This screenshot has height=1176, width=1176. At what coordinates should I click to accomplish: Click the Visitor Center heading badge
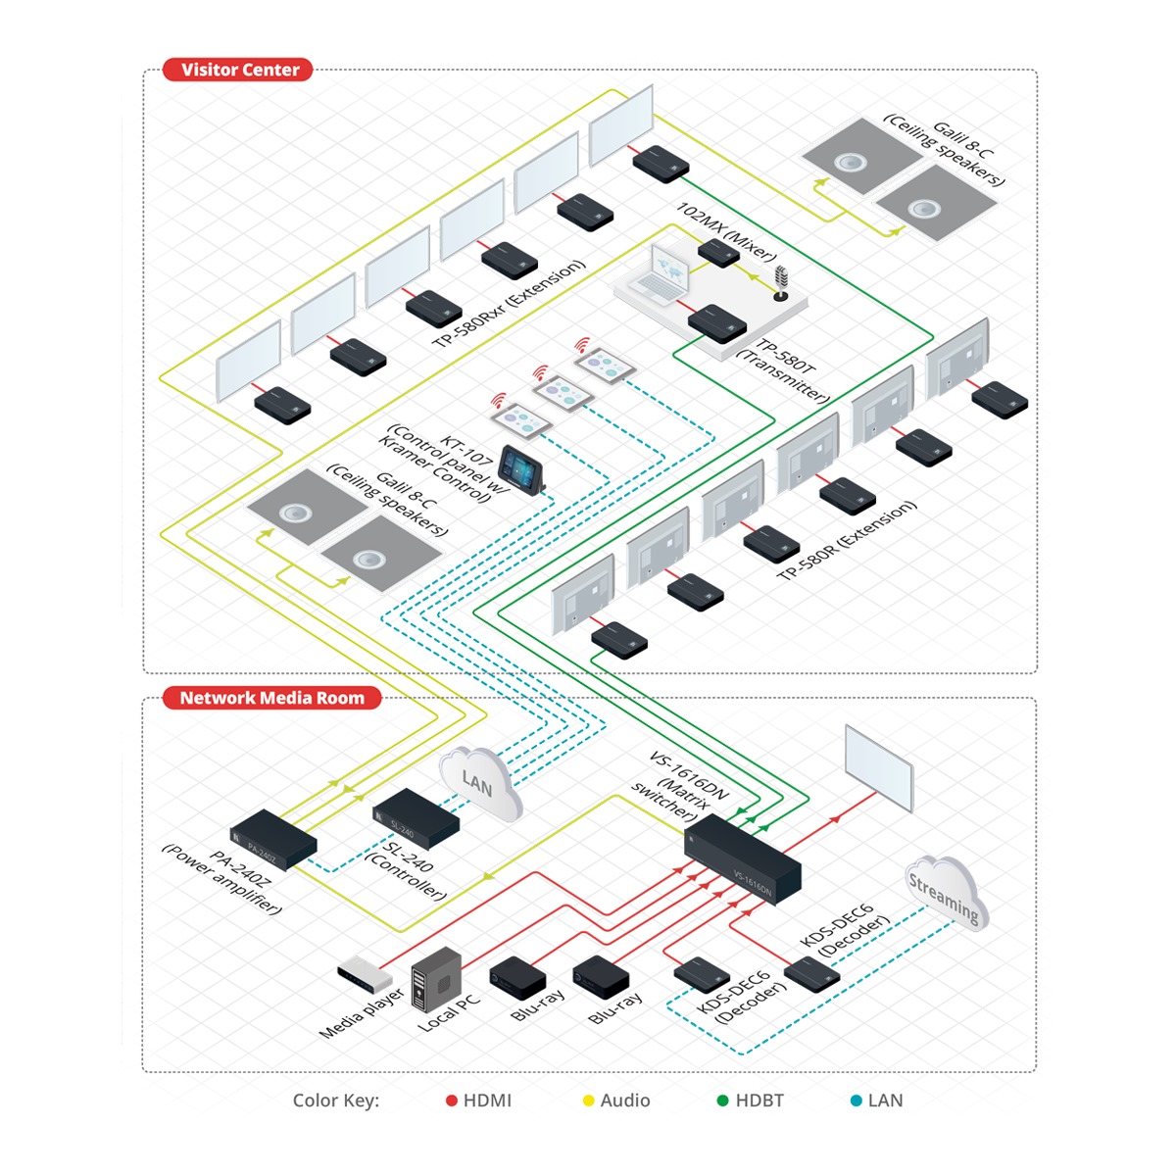[239, 70]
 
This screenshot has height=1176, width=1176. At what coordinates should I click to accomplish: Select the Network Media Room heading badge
[271, 698]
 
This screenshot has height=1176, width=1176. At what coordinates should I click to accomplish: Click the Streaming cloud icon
[944, 893]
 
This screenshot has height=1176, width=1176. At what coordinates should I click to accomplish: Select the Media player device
[364, 976]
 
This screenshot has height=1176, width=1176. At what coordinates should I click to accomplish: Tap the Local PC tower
[436, 977]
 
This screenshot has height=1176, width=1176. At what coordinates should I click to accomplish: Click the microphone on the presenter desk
[781, 282]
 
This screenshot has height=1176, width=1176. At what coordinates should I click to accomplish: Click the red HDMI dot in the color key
[452, 1101]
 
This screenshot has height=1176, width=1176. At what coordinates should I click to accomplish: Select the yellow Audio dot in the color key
[589, 1101]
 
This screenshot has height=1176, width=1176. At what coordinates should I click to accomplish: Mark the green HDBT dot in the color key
[722, 1101]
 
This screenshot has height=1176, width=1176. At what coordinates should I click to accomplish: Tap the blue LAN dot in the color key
[856, 1101]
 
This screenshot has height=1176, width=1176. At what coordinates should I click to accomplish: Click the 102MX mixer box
[718, 253]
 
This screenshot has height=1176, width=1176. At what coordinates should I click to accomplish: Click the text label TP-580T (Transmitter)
[784, 370]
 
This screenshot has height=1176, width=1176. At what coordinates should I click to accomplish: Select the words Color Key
[335, 1101]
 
